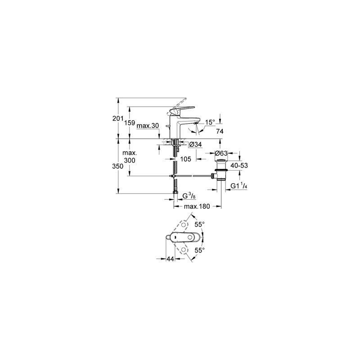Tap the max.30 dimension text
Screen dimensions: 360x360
point(148,126)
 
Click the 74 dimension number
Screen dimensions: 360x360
point(220,131)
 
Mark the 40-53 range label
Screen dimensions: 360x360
point(239,166)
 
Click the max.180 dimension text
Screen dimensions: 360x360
point(197,207)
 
